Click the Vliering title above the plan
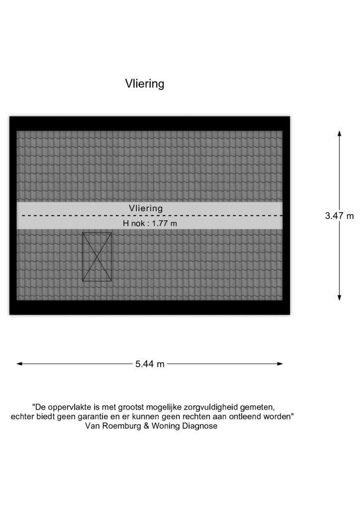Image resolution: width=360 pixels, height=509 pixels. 145,84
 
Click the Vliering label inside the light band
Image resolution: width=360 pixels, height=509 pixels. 146,208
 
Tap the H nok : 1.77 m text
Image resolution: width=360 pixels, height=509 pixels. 150,223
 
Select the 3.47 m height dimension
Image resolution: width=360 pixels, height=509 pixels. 340,216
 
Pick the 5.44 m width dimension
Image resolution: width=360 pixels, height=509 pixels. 150,364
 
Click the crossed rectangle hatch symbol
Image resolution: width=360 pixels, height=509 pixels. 97,256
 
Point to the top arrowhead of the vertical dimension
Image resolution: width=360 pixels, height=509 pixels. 339,133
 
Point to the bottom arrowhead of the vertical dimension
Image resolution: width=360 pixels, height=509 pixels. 339,298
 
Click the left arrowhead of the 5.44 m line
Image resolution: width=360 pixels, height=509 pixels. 19,364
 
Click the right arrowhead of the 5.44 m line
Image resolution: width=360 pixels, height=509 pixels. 280,364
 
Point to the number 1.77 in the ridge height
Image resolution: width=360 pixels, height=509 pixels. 160,223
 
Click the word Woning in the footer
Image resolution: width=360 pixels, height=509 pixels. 166,426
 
